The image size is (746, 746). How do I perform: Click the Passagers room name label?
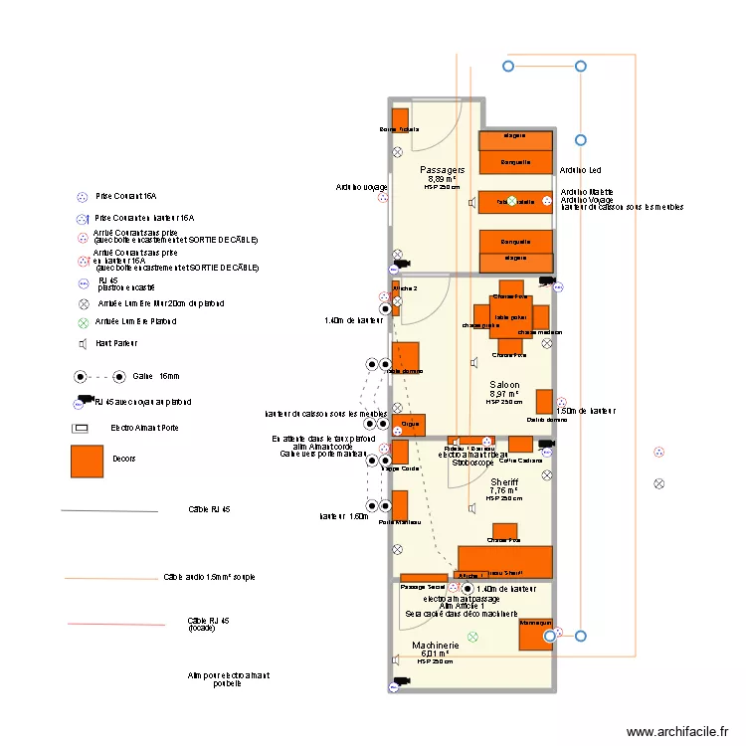(x=442, y=170)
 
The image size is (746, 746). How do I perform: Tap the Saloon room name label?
(x=504, y=384)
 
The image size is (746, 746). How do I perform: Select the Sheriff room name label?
(x=504, y=481)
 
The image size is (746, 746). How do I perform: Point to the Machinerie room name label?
(x=436, y=646)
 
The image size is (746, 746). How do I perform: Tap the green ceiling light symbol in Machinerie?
(x=473, y=637)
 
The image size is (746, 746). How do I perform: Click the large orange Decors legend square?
(x=87, y=460)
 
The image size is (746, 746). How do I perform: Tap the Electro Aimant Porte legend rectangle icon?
(x=80, y=428)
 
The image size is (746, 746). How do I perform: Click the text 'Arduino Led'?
(x=580, y=171)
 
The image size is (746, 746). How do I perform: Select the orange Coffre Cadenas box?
(x=520, y=445)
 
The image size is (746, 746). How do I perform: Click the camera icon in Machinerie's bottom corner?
(x=401, y=681)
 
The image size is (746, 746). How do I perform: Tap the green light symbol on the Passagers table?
(x=512, y=201)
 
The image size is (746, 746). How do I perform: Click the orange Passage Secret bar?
(x=424, y=577)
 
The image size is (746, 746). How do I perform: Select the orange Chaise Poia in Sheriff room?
(x=505, y=531)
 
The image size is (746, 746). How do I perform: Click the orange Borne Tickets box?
(x=399, y=120)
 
